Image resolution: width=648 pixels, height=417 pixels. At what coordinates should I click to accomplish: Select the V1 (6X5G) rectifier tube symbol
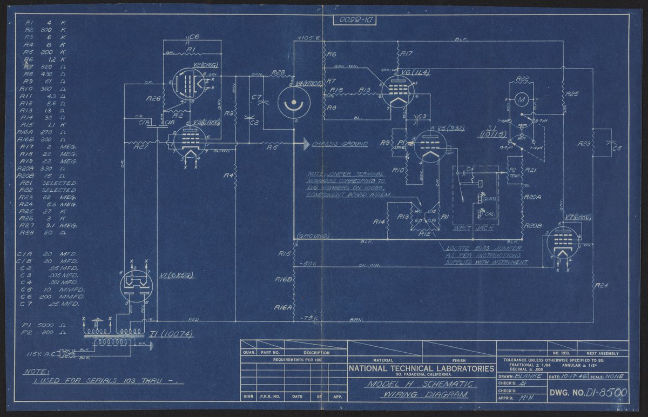(x=133, y=284)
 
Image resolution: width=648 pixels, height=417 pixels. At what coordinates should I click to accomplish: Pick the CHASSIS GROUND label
(x=340, y=144)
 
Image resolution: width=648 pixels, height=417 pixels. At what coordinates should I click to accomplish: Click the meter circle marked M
(x=521, y=99)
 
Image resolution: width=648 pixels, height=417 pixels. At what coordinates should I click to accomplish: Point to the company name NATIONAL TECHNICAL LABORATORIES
(x=421, y=368)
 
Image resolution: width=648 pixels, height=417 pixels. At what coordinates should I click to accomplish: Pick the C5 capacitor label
(x=617, y=147)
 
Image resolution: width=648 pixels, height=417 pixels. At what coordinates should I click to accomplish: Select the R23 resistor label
(x=584, y=144)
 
